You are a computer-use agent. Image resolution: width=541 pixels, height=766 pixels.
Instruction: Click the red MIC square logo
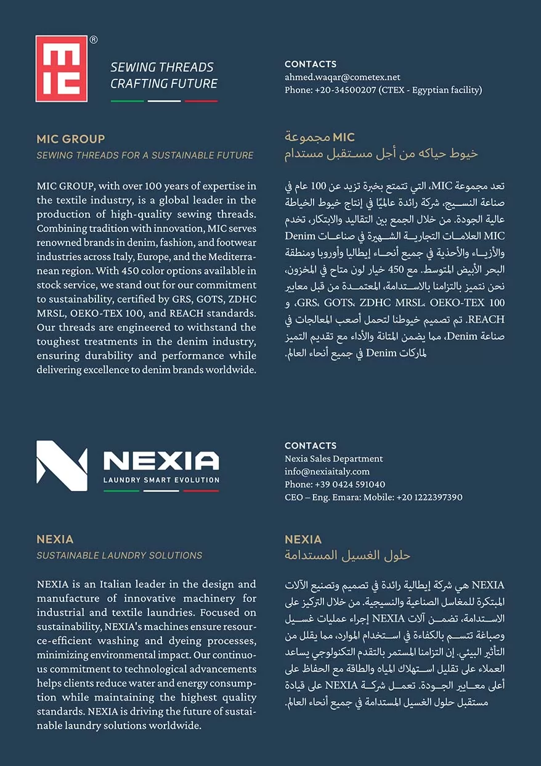point(62,68)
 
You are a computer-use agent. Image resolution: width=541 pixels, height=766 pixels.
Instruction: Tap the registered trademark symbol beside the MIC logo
point(94,39)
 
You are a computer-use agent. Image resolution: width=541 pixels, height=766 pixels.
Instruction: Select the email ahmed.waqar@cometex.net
point(342,77)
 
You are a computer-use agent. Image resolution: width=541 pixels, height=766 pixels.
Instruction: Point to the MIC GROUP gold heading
point(71,139)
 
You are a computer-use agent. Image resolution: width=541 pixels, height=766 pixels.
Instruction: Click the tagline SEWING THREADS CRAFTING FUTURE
point(163,75)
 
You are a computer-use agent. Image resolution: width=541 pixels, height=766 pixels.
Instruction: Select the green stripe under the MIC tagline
point(128,101)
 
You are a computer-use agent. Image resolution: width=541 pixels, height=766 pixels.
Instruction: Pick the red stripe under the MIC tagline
point(201,101)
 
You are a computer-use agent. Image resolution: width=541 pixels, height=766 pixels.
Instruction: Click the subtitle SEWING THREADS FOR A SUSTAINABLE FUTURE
point(145,155)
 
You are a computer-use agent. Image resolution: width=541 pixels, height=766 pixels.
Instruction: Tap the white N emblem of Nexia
point(62,466)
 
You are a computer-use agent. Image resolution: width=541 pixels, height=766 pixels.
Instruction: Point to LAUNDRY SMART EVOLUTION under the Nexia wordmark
point(161,480)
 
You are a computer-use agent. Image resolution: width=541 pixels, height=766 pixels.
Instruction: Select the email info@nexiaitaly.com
point(327,471)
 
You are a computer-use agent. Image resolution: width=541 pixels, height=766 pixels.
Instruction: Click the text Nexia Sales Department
point(333,458)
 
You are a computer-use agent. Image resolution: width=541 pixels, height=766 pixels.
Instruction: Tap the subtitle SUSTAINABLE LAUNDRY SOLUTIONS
point(119,555)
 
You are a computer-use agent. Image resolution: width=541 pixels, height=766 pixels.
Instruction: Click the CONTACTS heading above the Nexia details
point(311,445)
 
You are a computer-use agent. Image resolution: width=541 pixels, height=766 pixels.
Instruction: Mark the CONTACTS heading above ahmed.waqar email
point(311,64)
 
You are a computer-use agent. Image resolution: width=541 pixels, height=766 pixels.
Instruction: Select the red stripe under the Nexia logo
point(201,491)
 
